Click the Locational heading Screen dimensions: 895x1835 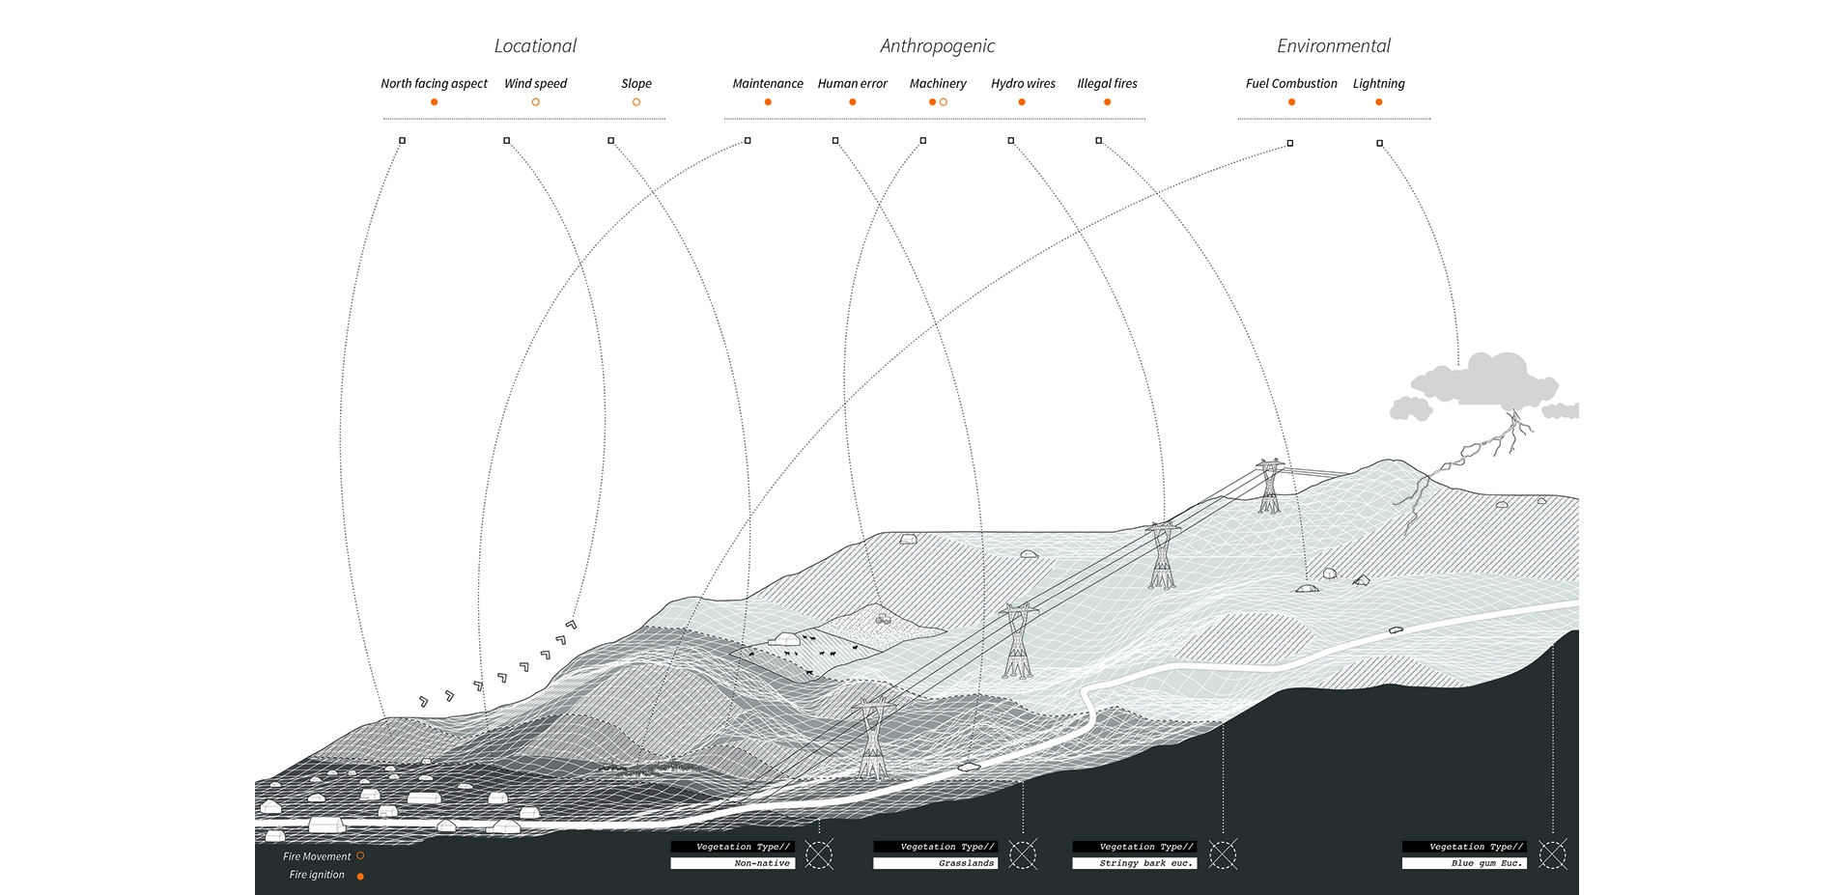point(535,46)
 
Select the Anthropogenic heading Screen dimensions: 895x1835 point(937,46)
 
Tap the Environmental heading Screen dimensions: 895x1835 point(1334,46)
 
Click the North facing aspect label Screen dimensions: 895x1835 point(434,84)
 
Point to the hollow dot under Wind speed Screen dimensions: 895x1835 point(535,102)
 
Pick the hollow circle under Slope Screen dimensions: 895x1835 point(636,102)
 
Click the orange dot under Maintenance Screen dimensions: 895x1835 point(768,102)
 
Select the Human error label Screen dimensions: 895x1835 point(852,84)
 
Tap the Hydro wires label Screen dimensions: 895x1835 point(1023,84)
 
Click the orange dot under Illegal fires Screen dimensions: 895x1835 point(1107,102)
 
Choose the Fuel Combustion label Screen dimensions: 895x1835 point(1291,84)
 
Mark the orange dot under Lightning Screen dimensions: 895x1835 point(1378,102)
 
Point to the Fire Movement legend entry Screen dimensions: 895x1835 point(318,856)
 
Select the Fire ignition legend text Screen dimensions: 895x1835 point(317,875)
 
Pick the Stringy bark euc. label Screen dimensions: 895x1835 point(1145,863)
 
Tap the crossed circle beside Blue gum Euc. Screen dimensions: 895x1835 point(1552,854)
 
